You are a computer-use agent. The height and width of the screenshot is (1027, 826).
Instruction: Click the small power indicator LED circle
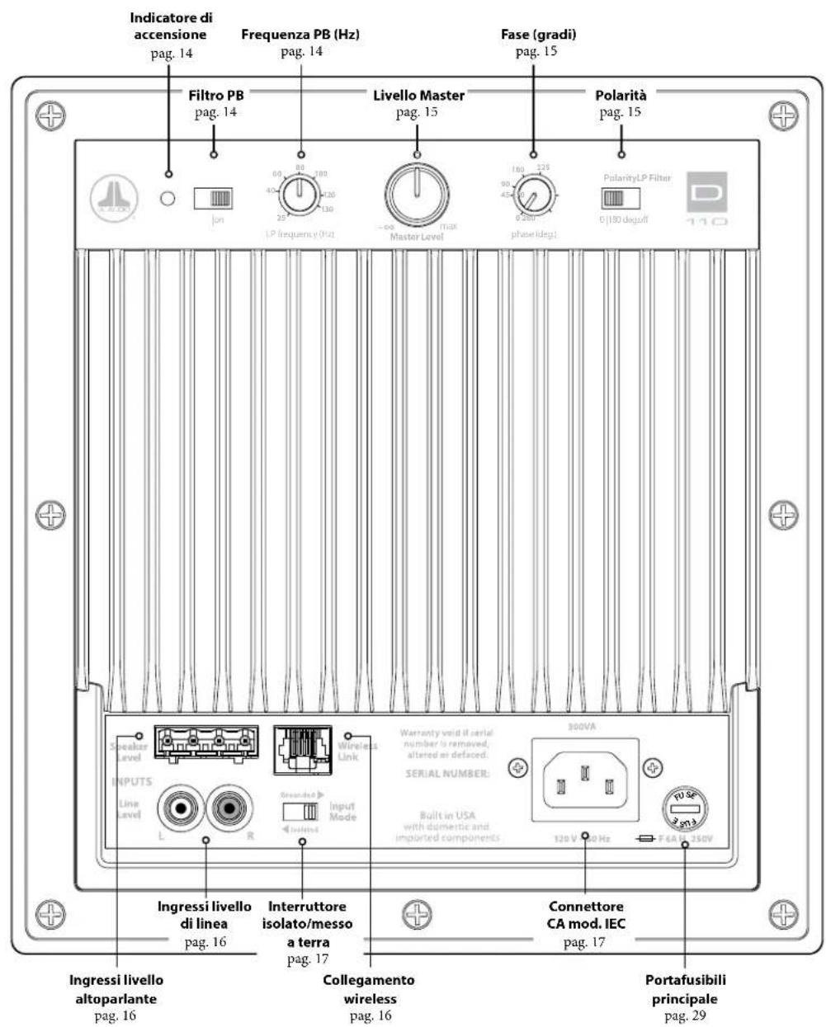(168, 198)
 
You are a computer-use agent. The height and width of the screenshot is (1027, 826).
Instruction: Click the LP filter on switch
(214, 198)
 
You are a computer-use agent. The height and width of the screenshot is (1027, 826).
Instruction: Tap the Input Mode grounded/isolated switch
(300, 810)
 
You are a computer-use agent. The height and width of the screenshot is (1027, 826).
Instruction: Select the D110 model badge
(706, 200)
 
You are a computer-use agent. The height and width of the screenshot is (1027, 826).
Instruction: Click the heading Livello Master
(418, 96)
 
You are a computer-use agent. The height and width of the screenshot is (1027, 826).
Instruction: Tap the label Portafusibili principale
(685, 988)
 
